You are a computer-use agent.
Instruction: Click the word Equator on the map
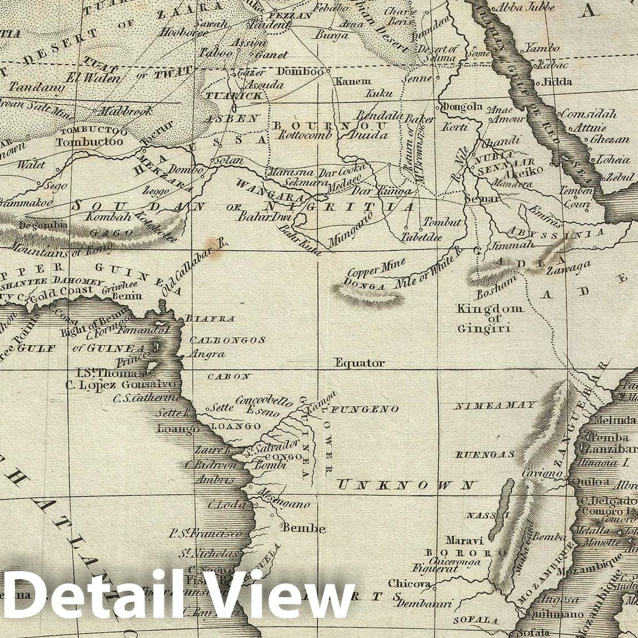[x=360, y=363]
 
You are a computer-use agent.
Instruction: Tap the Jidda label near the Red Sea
[x=557, y=82]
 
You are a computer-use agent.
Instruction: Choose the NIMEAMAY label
[x=495, y=406]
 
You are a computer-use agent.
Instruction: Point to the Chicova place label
[x=409, y=583]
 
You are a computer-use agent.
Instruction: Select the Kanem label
[x=353, y=81]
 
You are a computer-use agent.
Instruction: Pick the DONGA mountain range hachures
[x=368, y=296]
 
